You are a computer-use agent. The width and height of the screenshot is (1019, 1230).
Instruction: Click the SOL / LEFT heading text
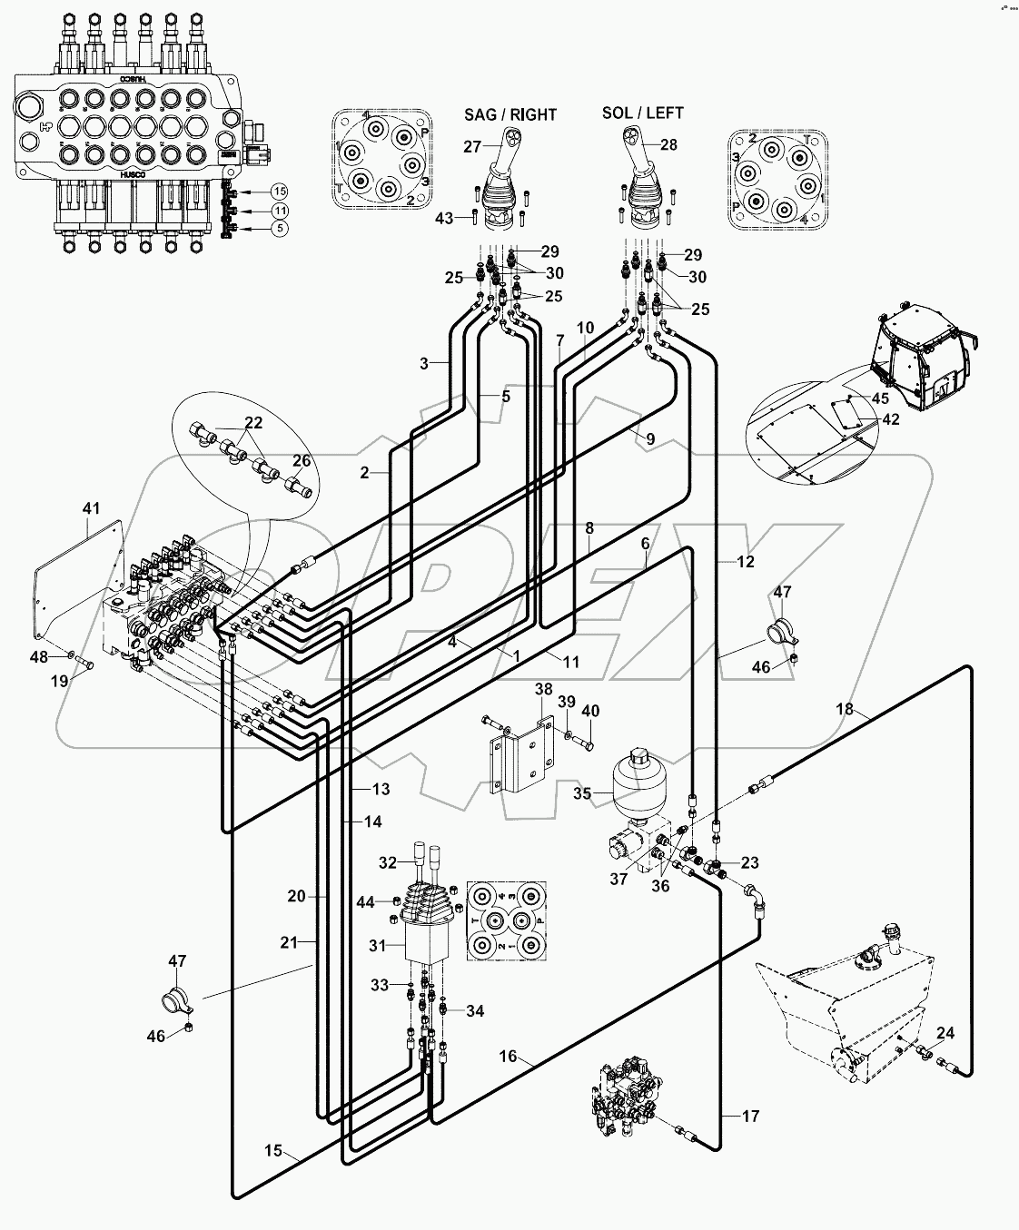click(642, 113)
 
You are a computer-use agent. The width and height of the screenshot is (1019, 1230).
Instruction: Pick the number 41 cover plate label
click(91, 509)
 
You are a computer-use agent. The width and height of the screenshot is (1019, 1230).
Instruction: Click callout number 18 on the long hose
click(845, 709)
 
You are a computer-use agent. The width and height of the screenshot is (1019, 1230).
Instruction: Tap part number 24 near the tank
click(945, 1033)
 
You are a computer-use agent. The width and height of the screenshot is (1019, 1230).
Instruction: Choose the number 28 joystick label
click(668, 145)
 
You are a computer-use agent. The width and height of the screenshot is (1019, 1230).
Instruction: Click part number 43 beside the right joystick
click(445, 219)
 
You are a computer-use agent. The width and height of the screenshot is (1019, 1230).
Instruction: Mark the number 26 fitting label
click(301, 461)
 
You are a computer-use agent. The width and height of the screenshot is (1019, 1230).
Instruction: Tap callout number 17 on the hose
click(750, 1117)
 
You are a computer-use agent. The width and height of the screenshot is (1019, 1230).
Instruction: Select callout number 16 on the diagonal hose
click(508, 1056)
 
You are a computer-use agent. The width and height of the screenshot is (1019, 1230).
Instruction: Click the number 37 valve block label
click(619, 879)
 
